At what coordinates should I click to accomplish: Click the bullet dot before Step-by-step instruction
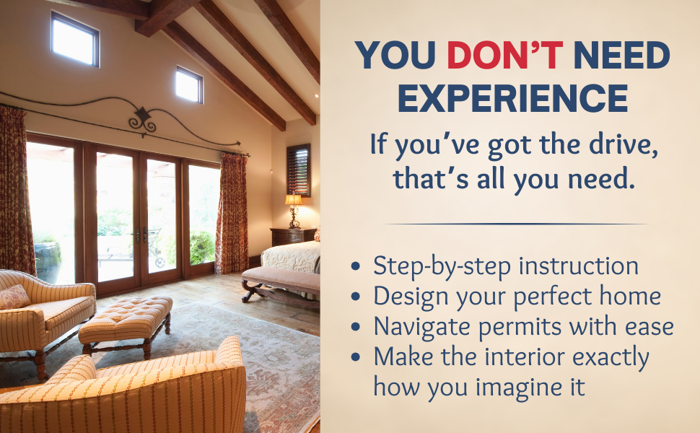pos(355,267)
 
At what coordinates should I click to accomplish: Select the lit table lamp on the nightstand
pos(293,204)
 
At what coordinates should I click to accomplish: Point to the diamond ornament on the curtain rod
pos(143,115)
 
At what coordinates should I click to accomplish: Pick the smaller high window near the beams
pos(188,84)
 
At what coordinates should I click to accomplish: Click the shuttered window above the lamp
pos(298,169)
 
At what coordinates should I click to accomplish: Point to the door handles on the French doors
pos(140,236)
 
